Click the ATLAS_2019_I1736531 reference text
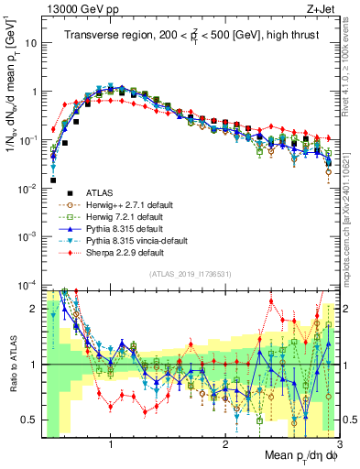pos(188,274)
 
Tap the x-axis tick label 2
pos(224,445)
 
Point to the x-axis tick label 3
pos(339,445)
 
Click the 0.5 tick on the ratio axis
pos(30,420)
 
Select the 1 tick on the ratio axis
pos(35,365)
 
